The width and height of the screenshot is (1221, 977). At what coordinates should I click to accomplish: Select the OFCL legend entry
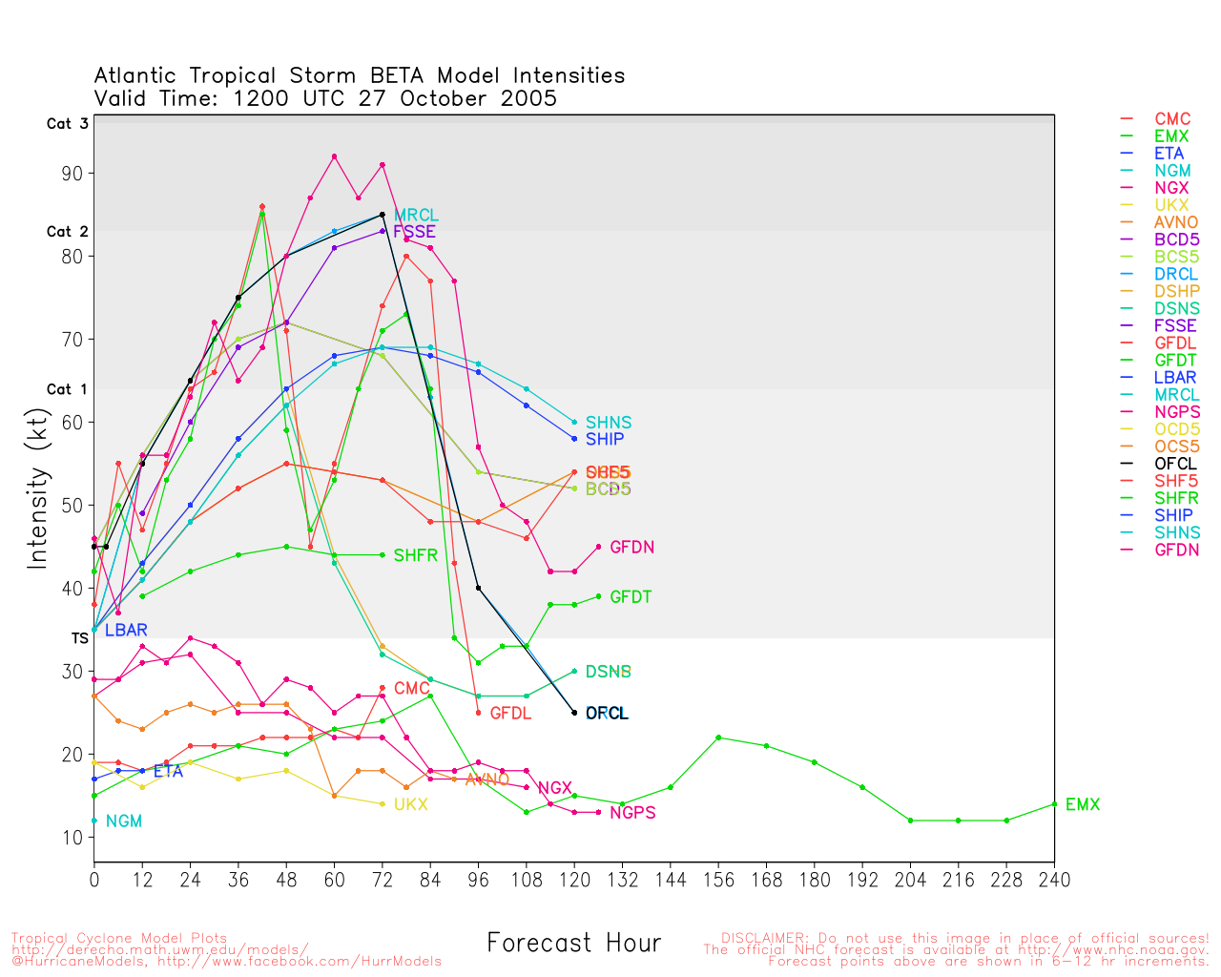[1174, 464]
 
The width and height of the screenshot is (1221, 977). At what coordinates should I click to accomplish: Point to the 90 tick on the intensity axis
[72, 174]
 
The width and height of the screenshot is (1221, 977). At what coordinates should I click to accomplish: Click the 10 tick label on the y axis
[72, 838]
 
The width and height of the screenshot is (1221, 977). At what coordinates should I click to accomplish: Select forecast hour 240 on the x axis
[1054, 880]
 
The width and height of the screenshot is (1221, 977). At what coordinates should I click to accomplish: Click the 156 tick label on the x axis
[718, 880]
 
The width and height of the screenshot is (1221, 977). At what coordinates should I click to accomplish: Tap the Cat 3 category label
[67, 124]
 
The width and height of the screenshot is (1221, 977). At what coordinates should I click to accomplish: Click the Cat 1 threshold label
[67, 389]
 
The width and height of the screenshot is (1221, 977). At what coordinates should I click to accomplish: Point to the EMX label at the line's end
[1082, 805]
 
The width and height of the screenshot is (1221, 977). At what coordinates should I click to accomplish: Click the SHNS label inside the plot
[608, 423]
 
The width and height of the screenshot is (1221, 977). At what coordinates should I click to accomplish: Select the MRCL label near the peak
[416, 216]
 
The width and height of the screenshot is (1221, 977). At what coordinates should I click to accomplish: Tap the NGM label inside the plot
[124, 821]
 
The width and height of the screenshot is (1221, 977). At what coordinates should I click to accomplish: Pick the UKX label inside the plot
[410, 805]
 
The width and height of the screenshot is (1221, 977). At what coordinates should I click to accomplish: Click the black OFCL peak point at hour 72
[383, 215]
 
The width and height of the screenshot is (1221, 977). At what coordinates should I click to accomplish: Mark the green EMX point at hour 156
[718, 738]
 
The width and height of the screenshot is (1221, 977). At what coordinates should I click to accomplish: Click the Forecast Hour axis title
[573, 944]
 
